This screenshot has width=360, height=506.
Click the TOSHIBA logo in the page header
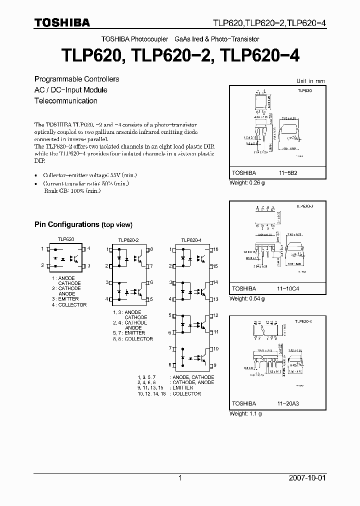62,22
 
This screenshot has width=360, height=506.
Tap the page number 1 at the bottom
180,478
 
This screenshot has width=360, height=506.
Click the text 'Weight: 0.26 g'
247,183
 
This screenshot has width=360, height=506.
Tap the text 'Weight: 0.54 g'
247,298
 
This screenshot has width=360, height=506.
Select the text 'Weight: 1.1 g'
245,413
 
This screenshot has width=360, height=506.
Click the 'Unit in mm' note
310,80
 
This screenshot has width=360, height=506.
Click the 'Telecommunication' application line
65,100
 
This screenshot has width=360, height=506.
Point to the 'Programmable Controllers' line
76,79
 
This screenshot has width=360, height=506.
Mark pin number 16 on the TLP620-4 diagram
216,249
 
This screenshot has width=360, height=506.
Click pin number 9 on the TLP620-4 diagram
215,365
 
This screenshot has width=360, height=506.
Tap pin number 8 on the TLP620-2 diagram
152,249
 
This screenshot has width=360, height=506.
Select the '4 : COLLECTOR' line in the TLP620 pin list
69,304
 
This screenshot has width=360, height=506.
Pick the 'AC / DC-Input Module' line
70,90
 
